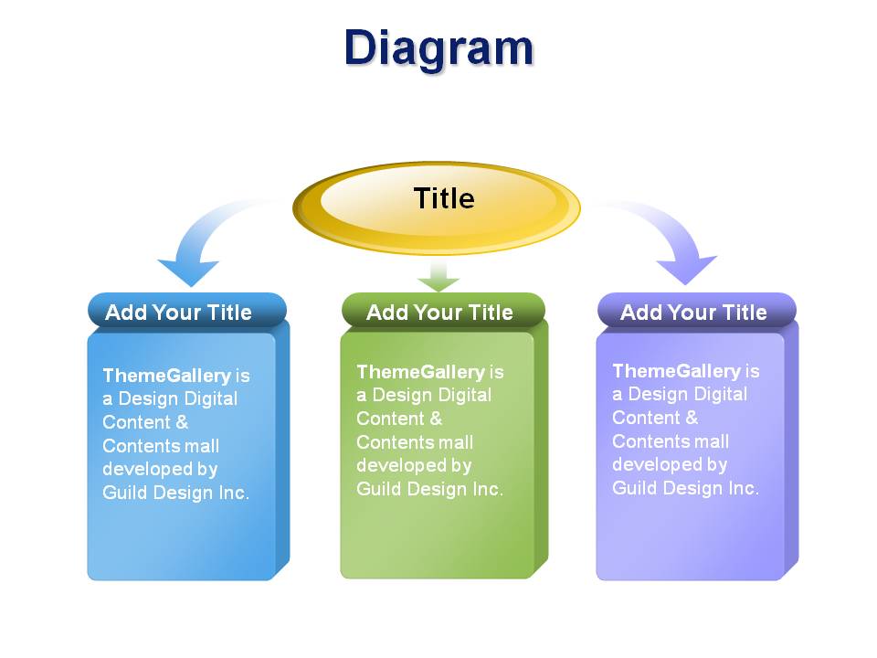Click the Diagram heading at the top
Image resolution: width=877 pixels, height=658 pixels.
coord(438,49)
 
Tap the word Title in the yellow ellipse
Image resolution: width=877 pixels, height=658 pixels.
coord(444,198)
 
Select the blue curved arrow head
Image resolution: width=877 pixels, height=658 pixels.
coord(189,272)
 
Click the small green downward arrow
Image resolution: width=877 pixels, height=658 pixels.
coord(438,277)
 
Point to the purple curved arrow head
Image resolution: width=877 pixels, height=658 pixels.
coord(686,270)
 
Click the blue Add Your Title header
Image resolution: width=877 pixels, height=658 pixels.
coord(178,313)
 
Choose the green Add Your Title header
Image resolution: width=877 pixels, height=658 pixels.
coord(439,313)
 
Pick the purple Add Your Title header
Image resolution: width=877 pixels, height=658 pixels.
coord(693,313)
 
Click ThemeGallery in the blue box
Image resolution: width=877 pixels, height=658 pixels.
coord(166,376)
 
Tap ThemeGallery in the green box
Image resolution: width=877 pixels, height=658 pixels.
coord(420,372)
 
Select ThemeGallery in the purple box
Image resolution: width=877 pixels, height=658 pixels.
coord(677,371)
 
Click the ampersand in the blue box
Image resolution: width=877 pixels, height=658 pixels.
coord(182,422)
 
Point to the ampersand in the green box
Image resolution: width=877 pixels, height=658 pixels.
coord(436,419)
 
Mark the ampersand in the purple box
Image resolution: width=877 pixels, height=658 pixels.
coord(692,418)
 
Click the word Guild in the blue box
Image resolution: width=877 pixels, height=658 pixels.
coord(125,493)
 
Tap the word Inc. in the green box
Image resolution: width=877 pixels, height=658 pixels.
coord(488,489)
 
